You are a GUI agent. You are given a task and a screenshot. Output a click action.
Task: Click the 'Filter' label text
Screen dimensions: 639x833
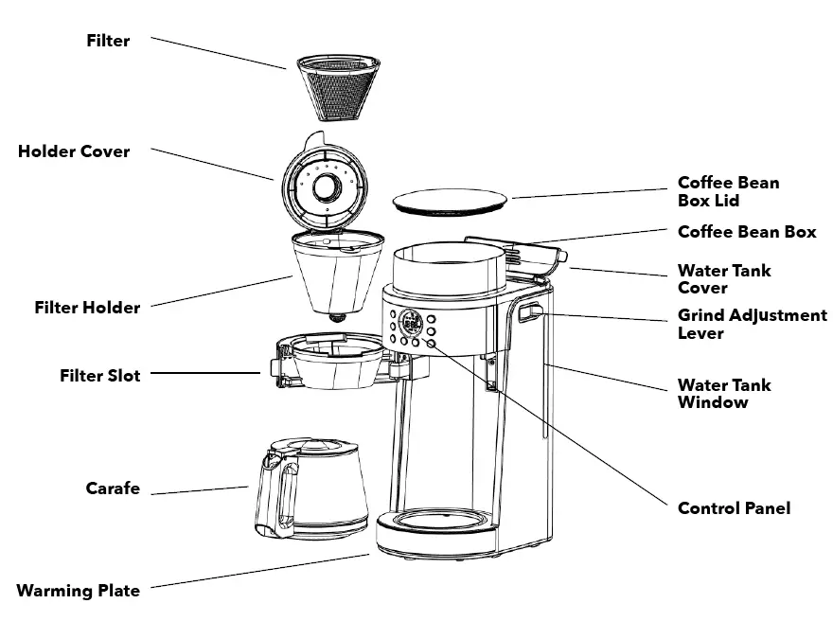(x=108, y=41)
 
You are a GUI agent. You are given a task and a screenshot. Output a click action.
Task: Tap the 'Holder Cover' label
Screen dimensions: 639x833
(x=74, y=151)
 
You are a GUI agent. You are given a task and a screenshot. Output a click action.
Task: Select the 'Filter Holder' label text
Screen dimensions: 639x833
(x=87, y=308)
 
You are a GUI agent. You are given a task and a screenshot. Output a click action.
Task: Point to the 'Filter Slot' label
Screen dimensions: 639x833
(x=99, y=376)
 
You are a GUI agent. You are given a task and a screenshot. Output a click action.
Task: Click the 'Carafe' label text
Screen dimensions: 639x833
(x=113, y=488)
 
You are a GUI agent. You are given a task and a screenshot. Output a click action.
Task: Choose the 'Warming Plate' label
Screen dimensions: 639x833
(x=78, y=591)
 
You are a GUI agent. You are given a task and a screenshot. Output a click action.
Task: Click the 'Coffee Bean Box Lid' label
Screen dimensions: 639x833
(x=728, y=191)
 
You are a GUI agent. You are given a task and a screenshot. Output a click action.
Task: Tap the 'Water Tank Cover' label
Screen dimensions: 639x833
(x=724, y=278)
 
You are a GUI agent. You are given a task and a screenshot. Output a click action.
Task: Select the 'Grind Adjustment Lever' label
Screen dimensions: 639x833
(x=752, y=324)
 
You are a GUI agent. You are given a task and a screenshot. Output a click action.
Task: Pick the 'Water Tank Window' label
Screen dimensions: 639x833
(x=724, y=393)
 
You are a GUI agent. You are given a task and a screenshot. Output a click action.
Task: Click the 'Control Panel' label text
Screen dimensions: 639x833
(x=734, y=508)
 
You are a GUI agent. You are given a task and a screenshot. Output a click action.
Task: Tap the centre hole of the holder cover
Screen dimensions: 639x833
(x=325, y=186)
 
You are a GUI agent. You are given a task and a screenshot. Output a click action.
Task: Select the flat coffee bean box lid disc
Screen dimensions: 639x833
(x=450, y=202)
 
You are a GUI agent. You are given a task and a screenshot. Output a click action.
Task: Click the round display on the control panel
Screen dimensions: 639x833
(x=411, y=321)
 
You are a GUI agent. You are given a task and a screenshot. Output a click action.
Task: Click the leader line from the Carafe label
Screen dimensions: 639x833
(x=201, y=490)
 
